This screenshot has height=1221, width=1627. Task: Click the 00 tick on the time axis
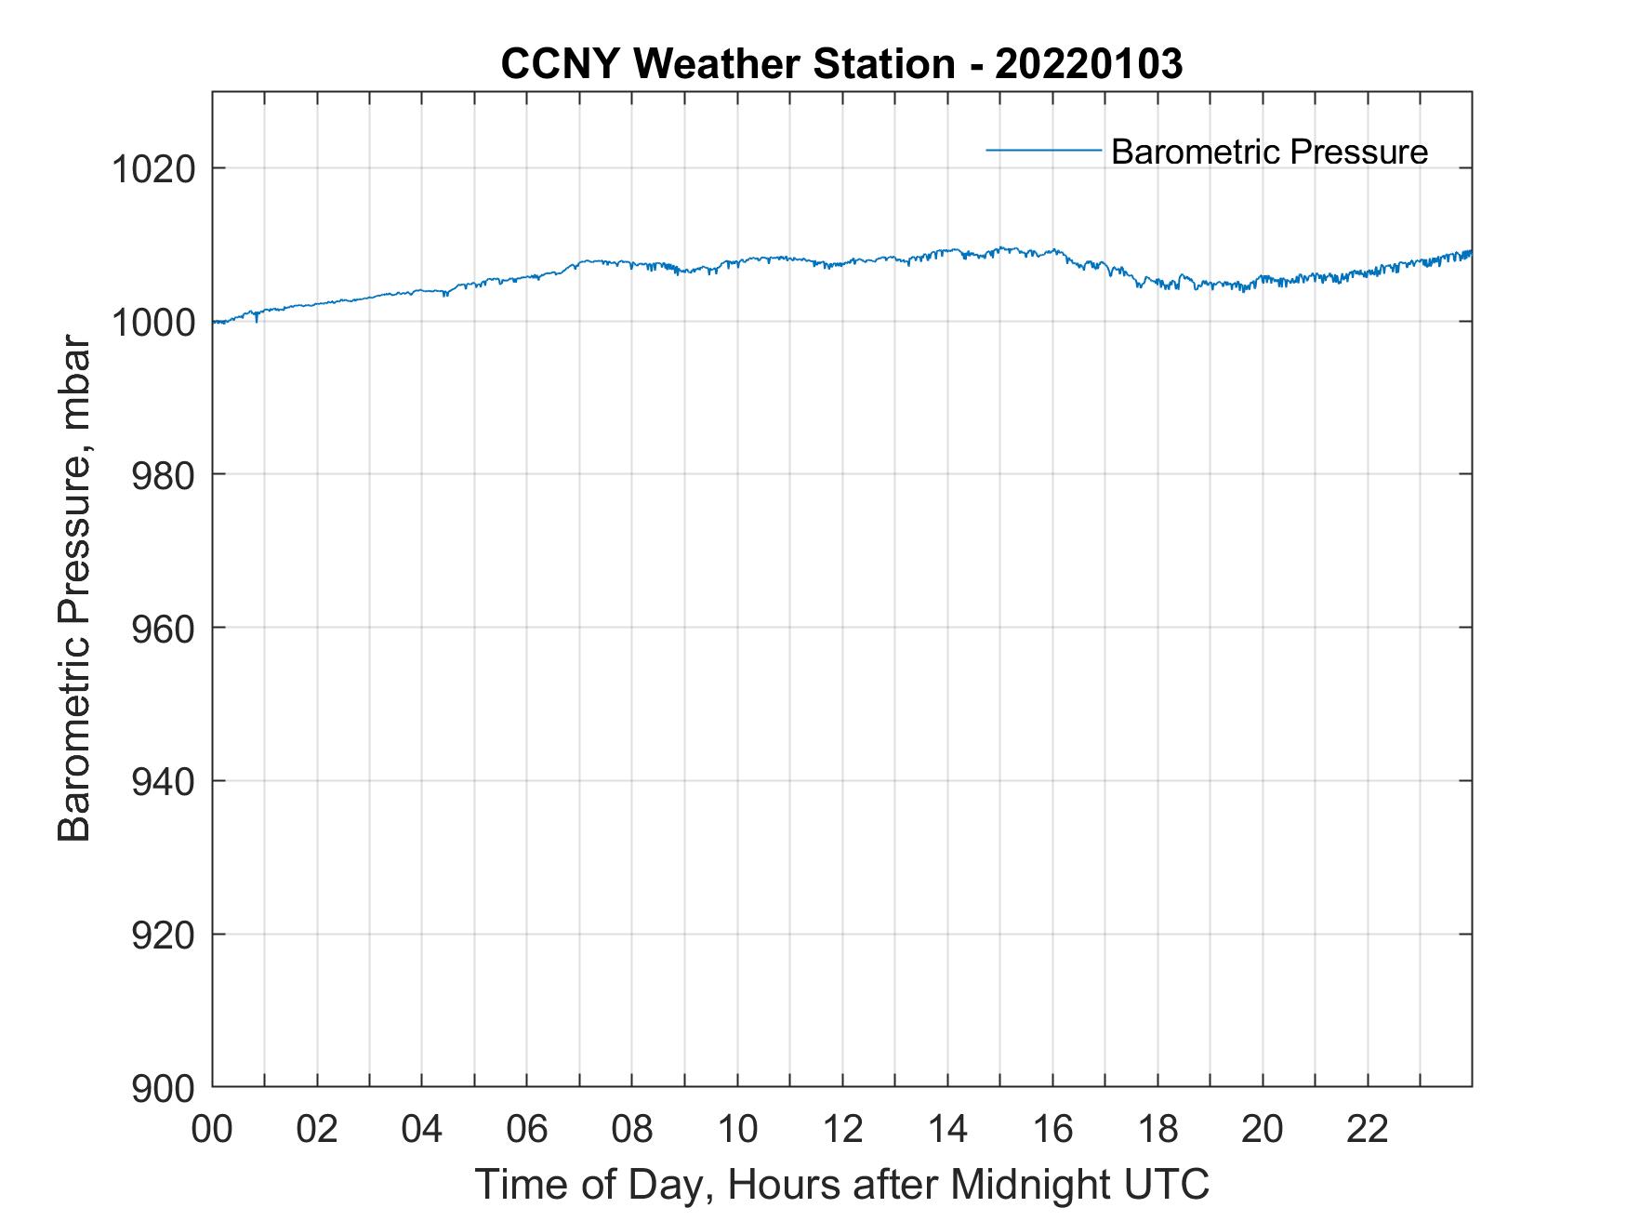click(212, 1129)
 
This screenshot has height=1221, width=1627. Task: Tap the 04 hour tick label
click(422, 1129)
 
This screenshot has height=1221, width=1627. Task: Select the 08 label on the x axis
click(632, 1129)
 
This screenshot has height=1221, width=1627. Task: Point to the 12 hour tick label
click(842, 1129)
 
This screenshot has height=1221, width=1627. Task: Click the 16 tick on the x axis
click(1052, 1129)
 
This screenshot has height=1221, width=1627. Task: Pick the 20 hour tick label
click(1263, 1129)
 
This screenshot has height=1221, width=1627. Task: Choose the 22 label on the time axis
click(1368, 1129)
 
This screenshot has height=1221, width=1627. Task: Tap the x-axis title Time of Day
click(842, 1184)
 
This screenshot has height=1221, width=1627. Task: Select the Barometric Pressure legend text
click(1269, 152)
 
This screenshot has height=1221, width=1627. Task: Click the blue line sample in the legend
click(1043, 149)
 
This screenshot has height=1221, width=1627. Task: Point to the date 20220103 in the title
click(1089, 64)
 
